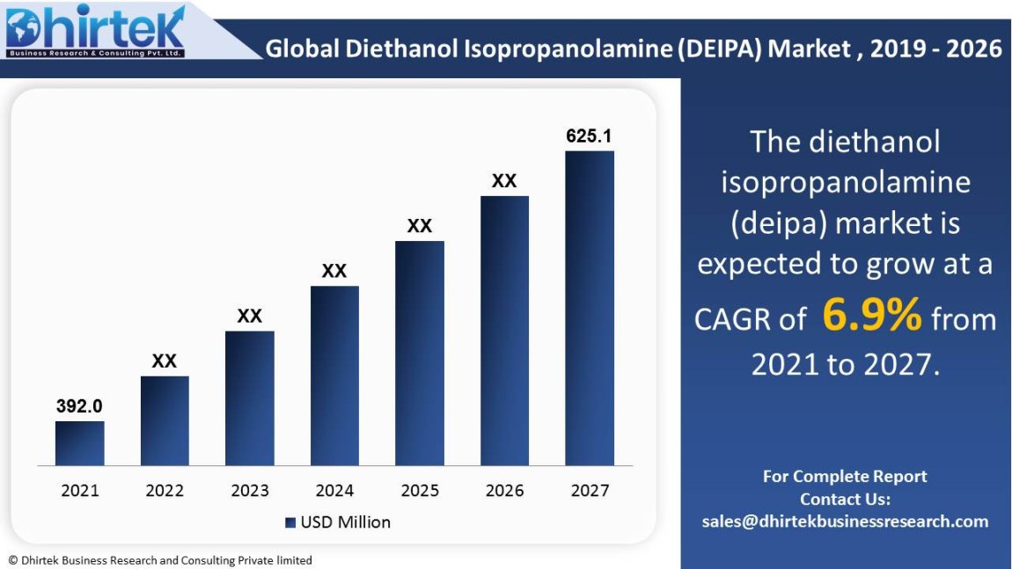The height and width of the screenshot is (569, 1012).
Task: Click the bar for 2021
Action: tap(79, 443)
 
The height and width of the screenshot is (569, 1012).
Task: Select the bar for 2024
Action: tap(334, 376)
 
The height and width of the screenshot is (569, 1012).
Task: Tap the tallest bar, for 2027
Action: tap(590, 308)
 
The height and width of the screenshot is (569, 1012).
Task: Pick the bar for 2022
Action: tap(165, 420)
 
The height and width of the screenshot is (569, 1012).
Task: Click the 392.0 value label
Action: tap(79, 406)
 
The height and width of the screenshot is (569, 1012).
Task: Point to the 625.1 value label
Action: tap(589, 136)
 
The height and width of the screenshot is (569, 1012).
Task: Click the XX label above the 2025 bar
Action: tap(420, 226)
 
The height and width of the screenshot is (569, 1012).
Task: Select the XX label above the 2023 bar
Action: tap(250, 316)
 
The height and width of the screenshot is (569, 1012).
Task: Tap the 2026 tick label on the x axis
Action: tap(504, 491)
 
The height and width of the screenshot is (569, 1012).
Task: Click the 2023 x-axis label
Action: tap(250, 491)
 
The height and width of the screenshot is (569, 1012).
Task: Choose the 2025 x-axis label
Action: tap(420, 491)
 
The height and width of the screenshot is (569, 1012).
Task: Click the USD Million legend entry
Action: tap(338, 522)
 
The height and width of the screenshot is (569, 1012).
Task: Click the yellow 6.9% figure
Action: tap(872, 315)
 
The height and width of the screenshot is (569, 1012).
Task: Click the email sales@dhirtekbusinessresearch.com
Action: tap(845, 522)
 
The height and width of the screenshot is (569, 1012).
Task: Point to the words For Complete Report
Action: tap(845, 477)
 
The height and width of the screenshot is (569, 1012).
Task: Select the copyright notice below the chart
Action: tap(160, 560)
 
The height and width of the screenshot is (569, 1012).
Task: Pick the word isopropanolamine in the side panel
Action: tap(845, 182)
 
